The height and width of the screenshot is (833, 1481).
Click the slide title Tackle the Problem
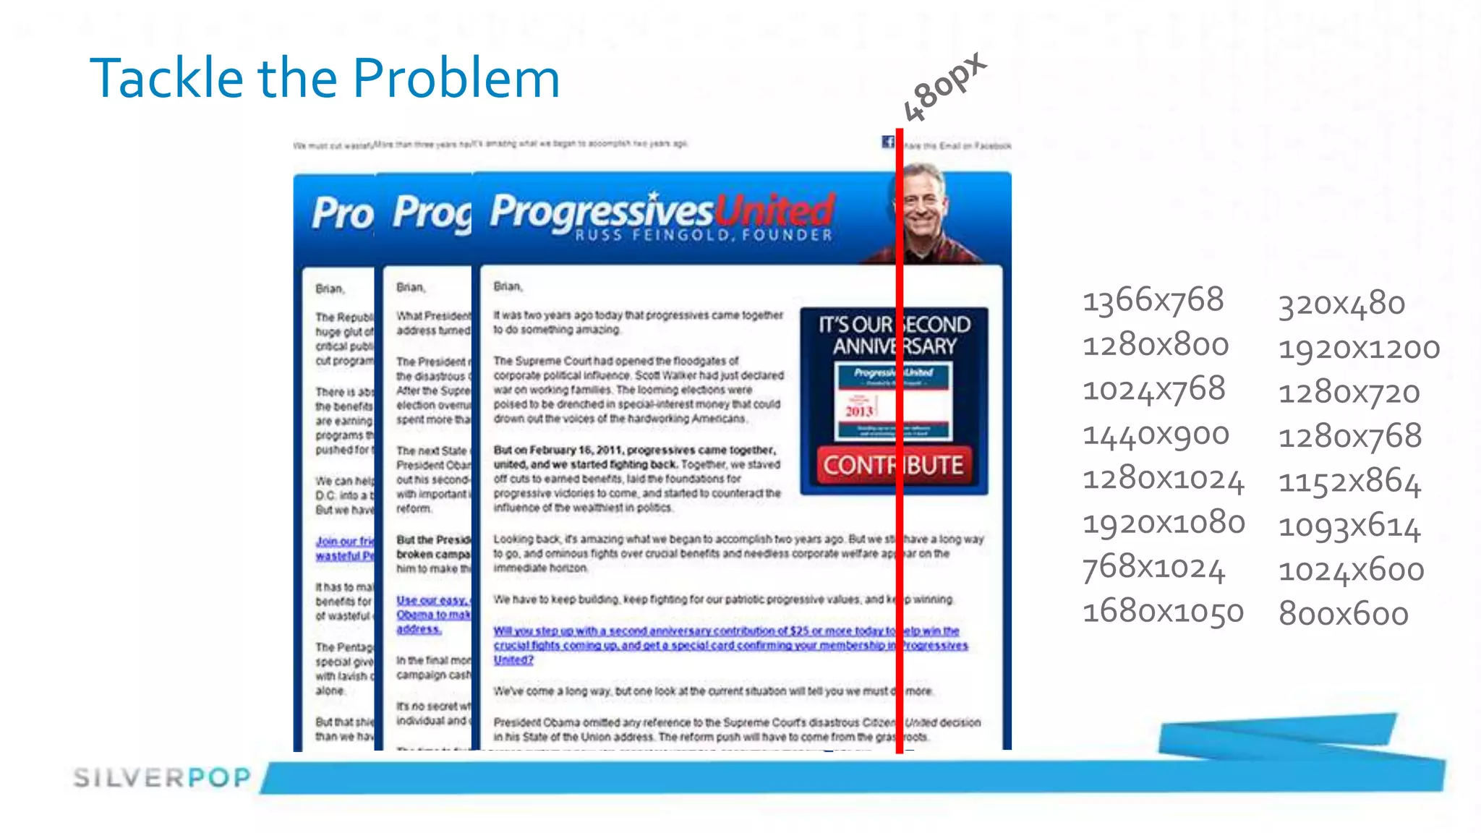click(325, 78)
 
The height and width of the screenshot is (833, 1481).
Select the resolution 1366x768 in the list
click(1153, 300)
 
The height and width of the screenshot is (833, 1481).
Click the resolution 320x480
click(1341, 304)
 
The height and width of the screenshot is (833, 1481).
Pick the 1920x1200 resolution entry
click(1359, 349)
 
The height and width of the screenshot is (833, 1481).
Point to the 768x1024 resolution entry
click(1153, 568)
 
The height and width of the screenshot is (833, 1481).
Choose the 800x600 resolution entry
click(1343, 614)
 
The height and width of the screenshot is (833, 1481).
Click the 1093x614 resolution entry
click(1349, 526)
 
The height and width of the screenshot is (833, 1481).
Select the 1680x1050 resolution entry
click(1163, 612)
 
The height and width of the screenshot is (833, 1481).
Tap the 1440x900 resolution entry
click(1156, 435)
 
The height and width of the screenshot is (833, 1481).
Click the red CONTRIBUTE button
click(893, 465)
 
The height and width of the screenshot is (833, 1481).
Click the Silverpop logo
click(162, 777)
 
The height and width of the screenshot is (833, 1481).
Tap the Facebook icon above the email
click(887, 142)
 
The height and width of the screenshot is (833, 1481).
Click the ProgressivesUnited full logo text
click(662, 210)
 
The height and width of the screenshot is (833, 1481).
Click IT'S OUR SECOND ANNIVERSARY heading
click(894, 335)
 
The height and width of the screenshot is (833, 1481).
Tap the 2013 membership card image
click(893, 401)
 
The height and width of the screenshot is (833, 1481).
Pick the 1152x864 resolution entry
click(1349, 482)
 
